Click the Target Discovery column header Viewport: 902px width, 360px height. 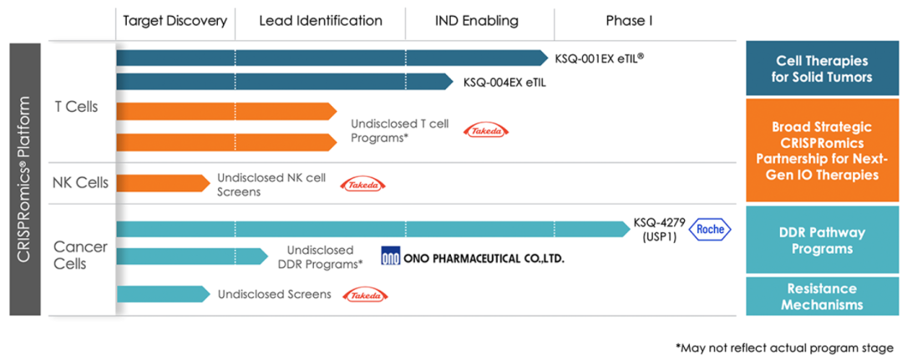175,21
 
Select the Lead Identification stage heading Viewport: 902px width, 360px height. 321,21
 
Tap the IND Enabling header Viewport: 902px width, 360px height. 477,21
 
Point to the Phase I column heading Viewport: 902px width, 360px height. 629,21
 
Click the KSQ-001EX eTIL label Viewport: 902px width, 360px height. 599,58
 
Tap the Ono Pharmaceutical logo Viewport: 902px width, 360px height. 473,258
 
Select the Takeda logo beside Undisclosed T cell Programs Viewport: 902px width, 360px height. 487,130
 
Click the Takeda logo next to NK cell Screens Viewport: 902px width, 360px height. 363,185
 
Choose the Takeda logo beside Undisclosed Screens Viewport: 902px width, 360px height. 368,295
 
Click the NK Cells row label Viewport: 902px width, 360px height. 80,183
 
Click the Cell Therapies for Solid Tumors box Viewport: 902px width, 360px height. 823,69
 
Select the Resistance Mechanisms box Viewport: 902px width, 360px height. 823,297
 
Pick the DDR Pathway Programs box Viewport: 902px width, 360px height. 823,241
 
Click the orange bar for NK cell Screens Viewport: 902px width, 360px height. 161,184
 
